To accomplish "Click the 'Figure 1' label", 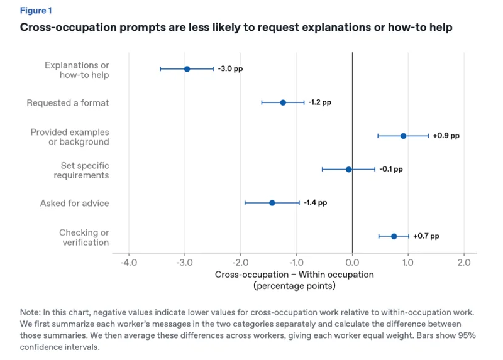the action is (x=36, y=11).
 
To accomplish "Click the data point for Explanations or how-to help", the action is (x=187, y=69).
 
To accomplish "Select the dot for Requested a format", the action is (x=283, y=102).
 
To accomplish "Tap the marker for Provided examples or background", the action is (x=403, y=136).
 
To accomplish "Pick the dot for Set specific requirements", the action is (x=349, y=169).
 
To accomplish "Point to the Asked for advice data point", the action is (x=272, y=203).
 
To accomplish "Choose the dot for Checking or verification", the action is (x=394, y=236).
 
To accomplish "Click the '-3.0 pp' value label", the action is (x=230, y=68).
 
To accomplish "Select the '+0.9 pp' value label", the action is (x=446, y=136).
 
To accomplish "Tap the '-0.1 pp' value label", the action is (x=391, y=169).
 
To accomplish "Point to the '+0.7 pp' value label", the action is (x=426, y=236).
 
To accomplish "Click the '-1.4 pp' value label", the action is (x=316, y=202).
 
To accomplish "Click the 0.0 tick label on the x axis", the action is (x=352, y=263).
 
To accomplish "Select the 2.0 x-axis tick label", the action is (x=464, y=263).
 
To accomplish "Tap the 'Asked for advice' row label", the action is (x=74, y=203).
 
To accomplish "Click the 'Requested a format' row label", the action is (x=68, y=103).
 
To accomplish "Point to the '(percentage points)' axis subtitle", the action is (x=294, y=286).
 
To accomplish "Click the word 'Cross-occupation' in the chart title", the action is (x=68, y=27).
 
